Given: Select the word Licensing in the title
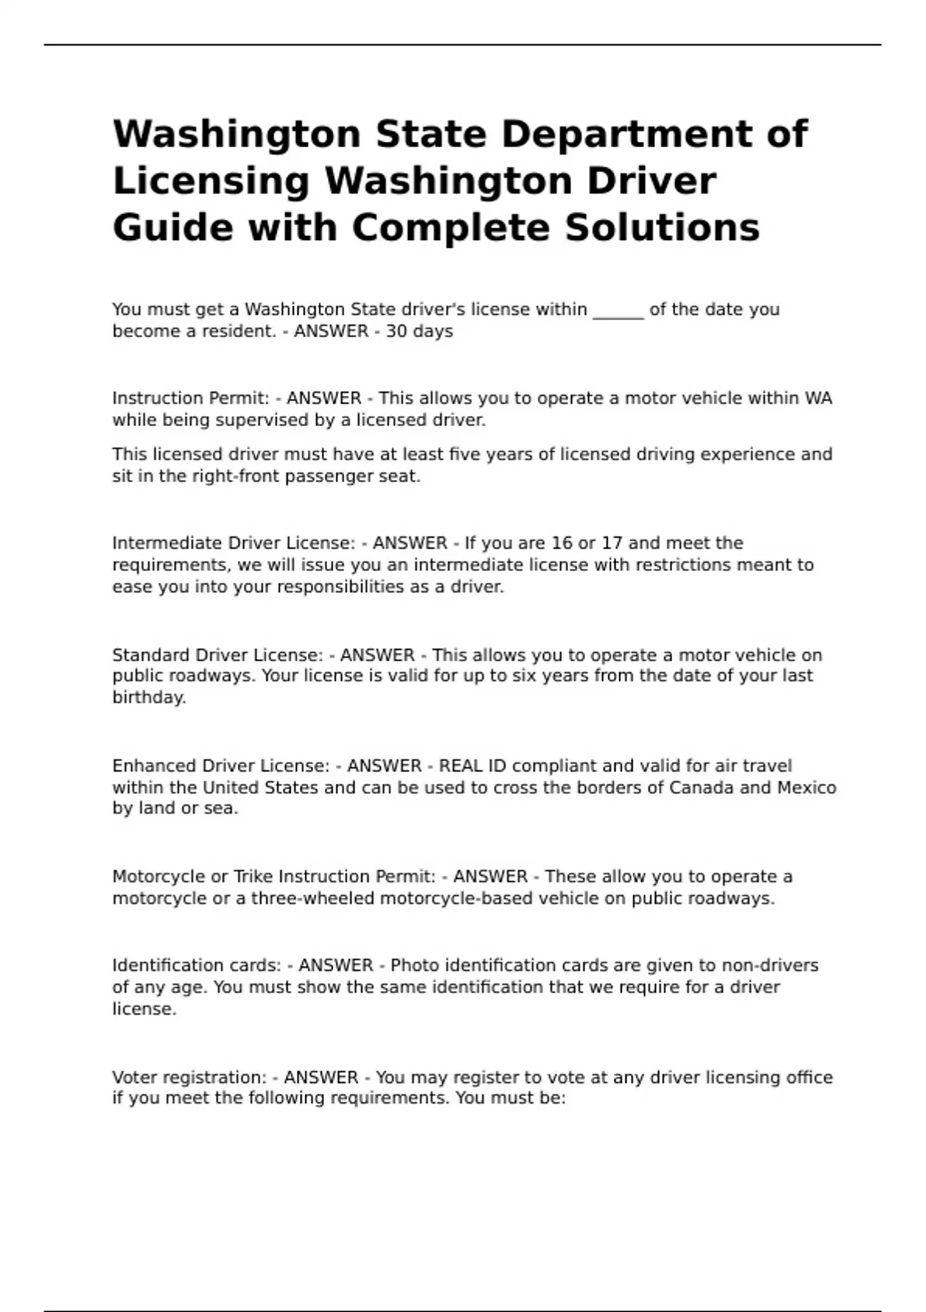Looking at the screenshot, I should (x=211, y=181).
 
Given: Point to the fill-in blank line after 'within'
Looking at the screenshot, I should (x=618, y=310).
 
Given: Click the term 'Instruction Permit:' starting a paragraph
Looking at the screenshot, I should (x=191, y=398).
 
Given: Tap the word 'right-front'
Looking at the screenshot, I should (x=235, y=476).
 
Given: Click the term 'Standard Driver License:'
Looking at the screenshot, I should (x=218, y=655).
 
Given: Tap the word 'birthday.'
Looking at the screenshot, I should (x=149, y=698).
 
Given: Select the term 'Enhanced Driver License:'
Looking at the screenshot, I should (x=221, y=766).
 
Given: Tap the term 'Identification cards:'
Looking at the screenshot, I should (x=197, y=965).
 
